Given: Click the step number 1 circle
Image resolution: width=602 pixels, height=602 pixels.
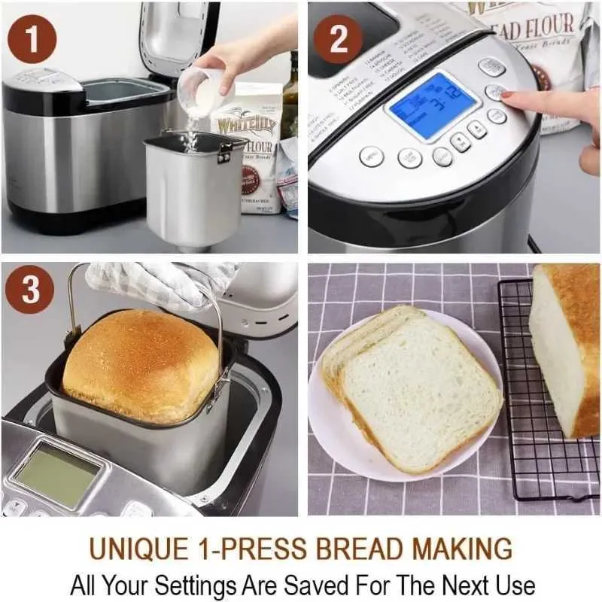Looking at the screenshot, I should coord(31,38).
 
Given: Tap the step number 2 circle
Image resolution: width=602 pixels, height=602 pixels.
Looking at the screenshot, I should coord(338,38).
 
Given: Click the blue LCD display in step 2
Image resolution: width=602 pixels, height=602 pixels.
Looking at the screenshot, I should coord(431,105).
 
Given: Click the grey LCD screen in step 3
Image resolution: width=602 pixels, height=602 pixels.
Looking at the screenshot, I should coord(56,473).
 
